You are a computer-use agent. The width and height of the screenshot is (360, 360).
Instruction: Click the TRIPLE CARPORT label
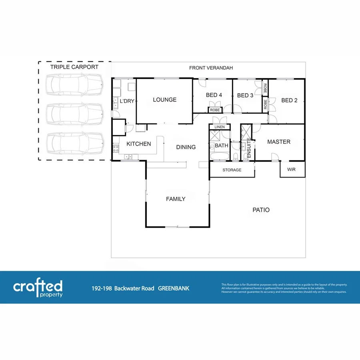(74, 67)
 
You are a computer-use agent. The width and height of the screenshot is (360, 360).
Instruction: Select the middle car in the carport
(74, 114)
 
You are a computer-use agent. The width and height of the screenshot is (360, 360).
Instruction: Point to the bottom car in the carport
(74, 143)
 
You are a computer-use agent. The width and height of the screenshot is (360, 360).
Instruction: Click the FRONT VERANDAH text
(211, 68)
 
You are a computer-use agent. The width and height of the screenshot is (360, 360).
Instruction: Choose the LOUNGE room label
(164, 100)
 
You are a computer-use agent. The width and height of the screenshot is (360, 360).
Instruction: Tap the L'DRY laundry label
(127, 101)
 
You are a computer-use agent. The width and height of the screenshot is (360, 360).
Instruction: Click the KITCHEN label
(138, 144)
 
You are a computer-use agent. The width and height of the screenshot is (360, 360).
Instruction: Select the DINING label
(186, 147)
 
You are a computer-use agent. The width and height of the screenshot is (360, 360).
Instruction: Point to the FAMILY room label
(176, 199)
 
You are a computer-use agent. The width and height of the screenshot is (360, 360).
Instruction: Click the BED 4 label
(214, 95)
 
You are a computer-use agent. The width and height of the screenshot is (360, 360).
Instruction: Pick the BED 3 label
(245, 96)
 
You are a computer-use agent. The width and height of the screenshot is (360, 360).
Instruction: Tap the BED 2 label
(290, 100)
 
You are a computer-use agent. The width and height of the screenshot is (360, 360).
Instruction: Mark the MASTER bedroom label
(279, 142)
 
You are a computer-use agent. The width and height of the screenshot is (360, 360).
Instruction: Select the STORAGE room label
(232, 170)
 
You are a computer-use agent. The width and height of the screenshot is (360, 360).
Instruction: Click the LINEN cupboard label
(220, 127)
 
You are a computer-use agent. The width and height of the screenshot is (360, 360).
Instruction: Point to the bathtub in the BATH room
(219, 156)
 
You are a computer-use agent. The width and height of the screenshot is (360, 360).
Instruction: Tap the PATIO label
(261, 210)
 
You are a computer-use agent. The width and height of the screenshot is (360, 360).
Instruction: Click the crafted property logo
(38, 288)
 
